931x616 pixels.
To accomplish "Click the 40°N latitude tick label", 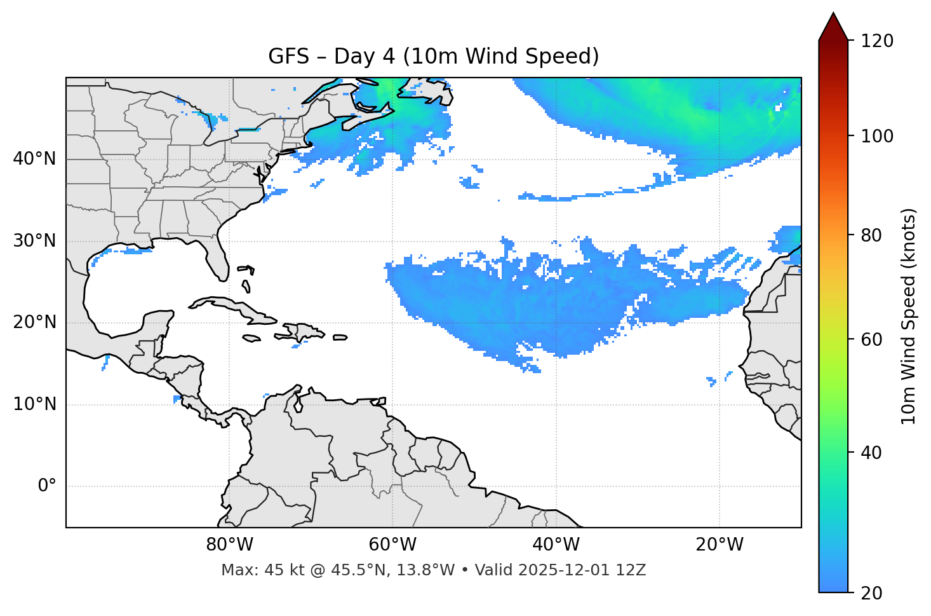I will point(34,159).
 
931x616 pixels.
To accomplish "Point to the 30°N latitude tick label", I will point(34,241).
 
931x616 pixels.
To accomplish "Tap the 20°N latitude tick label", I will point(34,322).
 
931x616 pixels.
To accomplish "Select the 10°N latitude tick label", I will point(34,404).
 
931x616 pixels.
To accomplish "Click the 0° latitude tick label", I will point(47,486).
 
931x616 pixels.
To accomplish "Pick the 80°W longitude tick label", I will point(229,545).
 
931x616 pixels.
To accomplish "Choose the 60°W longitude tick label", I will point(392,545).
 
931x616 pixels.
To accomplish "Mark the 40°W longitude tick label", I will point(556,545).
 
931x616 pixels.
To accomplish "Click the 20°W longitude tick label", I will point(720,545).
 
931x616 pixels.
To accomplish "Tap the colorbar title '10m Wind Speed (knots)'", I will point(909,317).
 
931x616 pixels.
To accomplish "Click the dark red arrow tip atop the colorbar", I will point(833,25).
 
